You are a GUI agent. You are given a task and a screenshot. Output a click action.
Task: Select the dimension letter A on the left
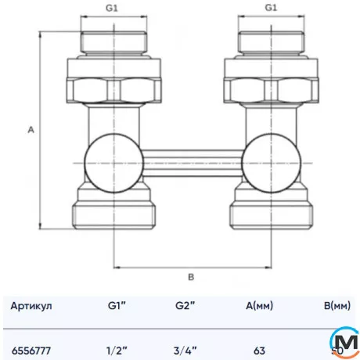coord(31,131)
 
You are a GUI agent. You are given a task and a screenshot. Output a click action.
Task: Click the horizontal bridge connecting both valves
coord(193,162)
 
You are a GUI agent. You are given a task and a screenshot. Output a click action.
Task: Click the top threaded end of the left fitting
coord(114,44)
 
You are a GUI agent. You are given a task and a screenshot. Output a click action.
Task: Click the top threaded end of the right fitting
coord(271,44)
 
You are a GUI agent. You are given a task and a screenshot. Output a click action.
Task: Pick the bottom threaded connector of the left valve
coord(114,214)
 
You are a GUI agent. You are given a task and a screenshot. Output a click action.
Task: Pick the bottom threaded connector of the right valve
coord(271,214)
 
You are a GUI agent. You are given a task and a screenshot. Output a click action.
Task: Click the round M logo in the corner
coord(344,343)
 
